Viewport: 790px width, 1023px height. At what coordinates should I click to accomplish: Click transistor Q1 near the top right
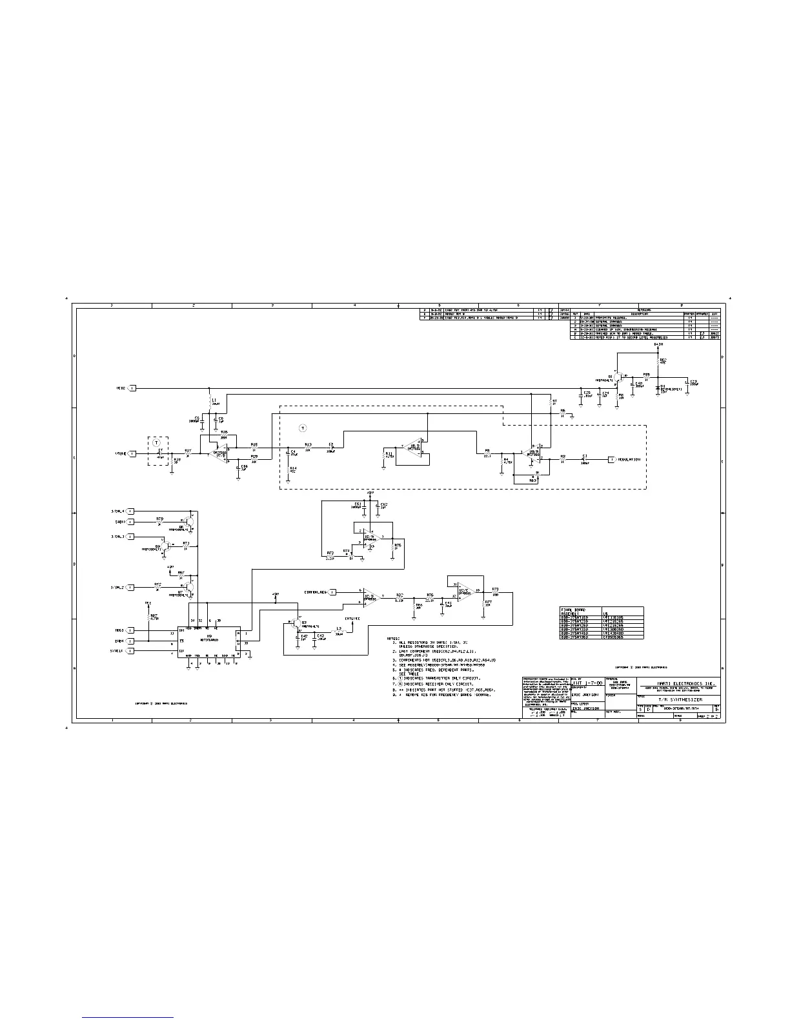click(x=618, y=377)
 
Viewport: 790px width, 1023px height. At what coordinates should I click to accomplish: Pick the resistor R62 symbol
click(x=658, y=362)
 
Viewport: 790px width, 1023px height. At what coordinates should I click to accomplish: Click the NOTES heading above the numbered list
click(x=394, y=638)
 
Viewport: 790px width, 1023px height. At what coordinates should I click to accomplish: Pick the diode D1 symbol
click(x=658, y=387)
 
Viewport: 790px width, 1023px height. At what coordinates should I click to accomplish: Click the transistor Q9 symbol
click(x=166, y=546)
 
